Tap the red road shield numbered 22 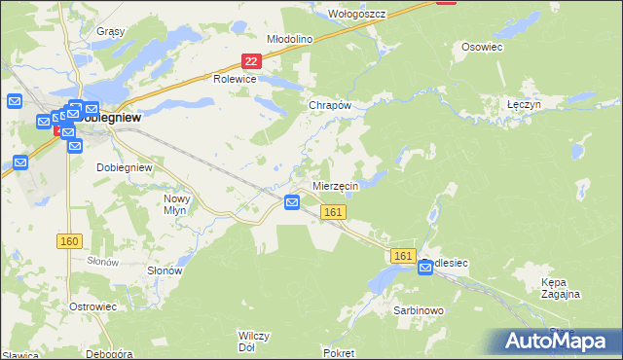pyautogui.click(x=251, y=61)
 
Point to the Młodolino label pyautogui.click(x=289, y=39)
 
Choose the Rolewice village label pyautogui.click(x=235, y=80)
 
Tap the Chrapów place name pyautogui.click(x=328, y=105)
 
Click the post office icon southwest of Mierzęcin pyautogui.click(x=292, y=202)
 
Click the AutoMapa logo pyautogui.click(x=558, y=342)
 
